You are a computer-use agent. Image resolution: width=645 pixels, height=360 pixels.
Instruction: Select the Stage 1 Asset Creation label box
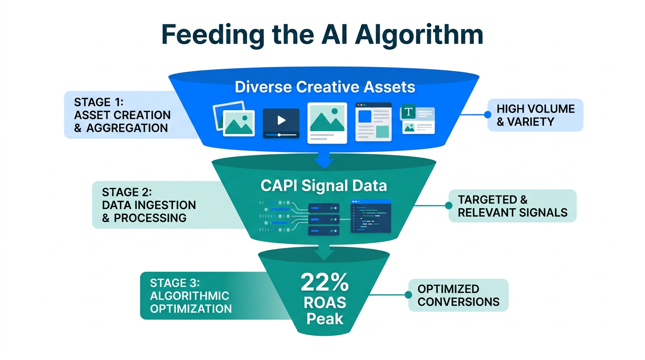pyautogui.click(x=122, y=115)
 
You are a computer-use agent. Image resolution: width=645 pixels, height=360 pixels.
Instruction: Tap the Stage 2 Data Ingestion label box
pyautogui.click(x=149, y=205)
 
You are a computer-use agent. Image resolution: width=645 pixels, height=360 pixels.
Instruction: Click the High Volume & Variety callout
pyautogui.click(x=535, y=115)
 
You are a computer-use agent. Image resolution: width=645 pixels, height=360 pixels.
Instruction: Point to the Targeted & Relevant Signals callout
pyautogui.click(x=512, y=206)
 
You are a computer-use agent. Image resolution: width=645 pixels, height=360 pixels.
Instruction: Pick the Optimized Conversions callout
pyautogui.click(x=458, y=295)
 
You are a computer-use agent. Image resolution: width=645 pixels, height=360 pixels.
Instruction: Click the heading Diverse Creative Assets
pyautogui.click(x=325, y=87)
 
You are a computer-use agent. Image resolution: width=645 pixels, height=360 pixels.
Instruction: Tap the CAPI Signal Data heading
pyautogui.click(x=323, y=186)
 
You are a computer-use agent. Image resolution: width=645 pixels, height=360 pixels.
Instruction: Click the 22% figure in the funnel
pyautogui.click(x=324, y=283)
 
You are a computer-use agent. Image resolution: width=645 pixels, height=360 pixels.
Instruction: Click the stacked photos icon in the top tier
pyautogui.click(x=234, y=120)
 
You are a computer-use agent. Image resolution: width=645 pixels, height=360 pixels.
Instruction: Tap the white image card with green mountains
pyautogui.click(x=327, y=122)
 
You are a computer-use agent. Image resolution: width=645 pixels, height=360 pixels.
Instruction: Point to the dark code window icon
pyautogui.click(x=371, y=216)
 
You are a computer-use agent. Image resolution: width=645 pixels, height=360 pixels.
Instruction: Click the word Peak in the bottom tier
pyautogui.click(x=324, y=319)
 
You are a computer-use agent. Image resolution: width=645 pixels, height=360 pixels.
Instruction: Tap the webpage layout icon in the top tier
pyautogui.click(x=373, y=122)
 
